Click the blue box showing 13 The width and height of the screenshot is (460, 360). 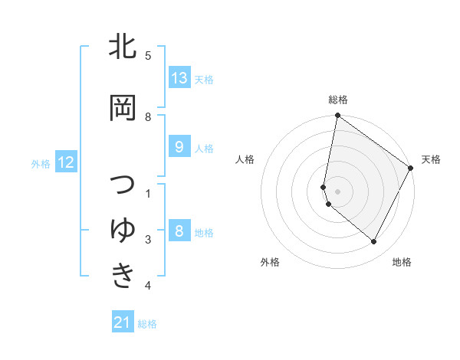click(x=179, y=78)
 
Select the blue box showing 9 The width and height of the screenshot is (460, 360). click(x=179, y=147)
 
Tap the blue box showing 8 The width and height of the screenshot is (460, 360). click(x=179, y=231)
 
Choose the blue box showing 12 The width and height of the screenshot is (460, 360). click(x=65, y=162)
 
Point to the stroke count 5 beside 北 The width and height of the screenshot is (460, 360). click(x=148, y=56)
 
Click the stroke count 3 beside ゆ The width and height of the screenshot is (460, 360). click(x=148, y=241)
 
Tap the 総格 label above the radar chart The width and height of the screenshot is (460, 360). click(x=338, y=100)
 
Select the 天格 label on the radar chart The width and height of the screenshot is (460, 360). click(x=431, y=159)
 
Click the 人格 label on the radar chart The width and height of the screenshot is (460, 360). click(x=245, y=159)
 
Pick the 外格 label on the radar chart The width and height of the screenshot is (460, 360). click(x=270, y=262)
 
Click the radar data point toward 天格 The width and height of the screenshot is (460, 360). click(x=411, y=168)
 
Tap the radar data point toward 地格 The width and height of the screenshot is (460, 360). click(x=374, y=242)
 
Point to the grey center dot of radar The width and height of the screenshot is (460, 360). click(x=338, y=191)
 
